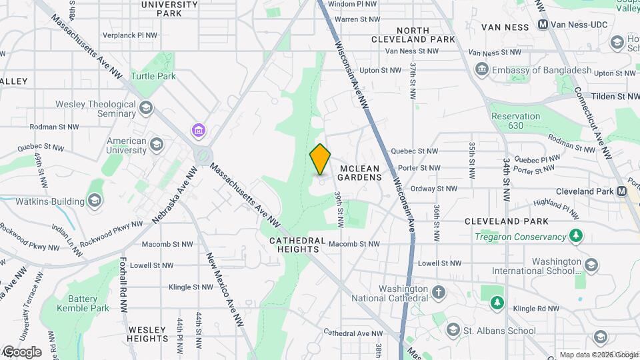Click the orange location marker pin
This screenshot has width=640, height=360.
pyautogui.click(x=320, y=159)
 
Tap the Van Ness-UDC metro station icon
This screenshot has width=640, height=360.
pyautogui.click(x=543, y=25)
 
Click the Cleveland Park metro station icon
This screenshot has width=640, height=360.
pyautogui.click(x=622, y=191)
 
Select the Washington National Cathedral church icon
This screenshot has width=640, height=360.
pyautogui.click(x=439, y=292)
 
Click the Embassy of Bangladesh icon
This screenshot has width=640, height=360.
pyautogui.click(x=481, y=70)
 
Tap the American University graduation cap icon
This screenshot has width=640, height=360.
pyautogui.click(x=157, y=145)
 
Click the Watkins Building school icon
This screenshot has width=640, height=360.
pyautogui.click(x=95, y=201)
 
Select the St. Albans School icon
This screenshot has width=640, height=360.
pyautogui.click(x=453, y=330)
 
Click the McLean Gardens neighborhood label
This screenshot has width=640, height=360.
pyautogui.click(x=359, y=173)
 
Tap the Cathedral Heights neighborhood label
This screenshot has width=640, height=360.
pyautogui.click(x=297, y=245)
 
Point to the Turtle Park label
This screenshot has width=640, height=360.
pyautogui.click(x=153, y=76)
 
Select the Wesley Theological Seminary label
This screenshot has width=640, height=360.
pyautogui.click(x=95, y=109)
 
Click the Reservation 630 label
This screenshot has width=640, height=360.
pyautogui.click(x=515, y=121)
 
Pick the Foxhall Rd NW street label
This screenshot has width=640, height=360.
pyautogui.click(x=123, y=285)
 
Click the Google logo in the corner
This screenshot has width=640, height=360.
pyautogui.click(x=22, y=351)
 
